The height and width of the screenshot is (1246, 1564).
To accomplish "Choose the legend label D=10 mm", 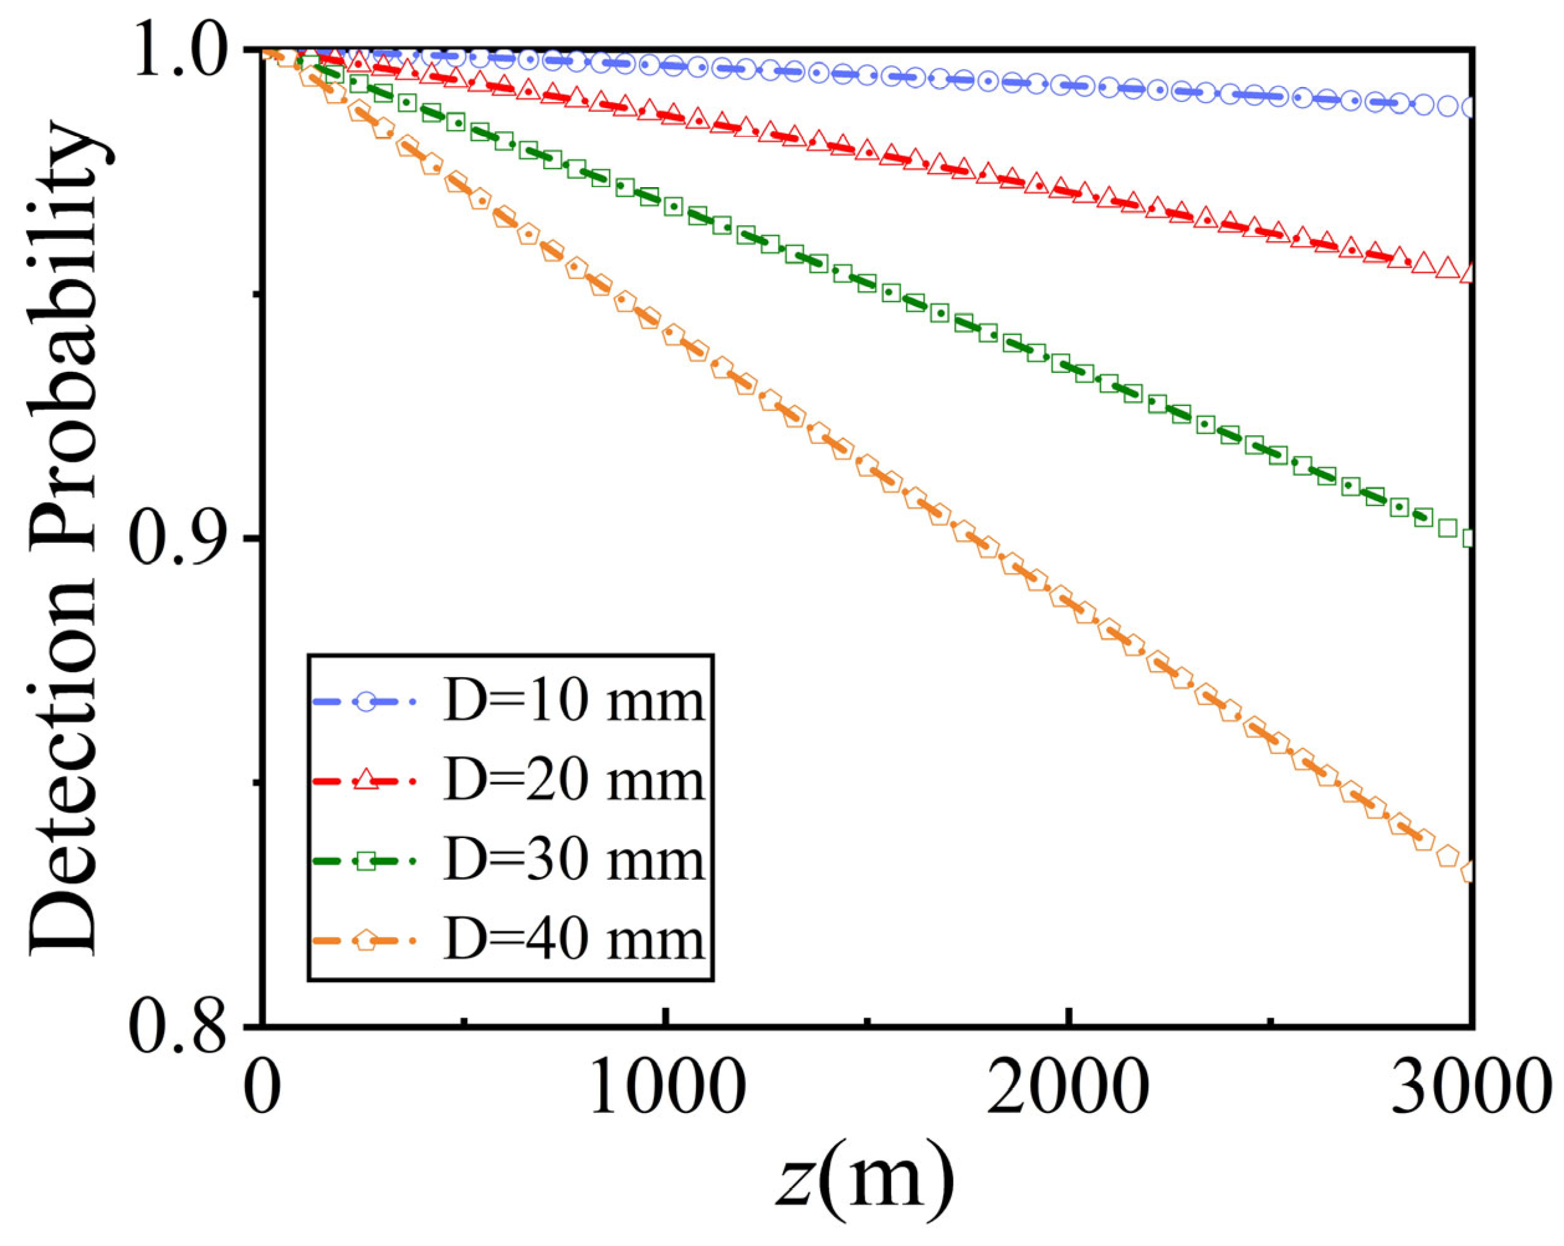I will [x=574, y=702].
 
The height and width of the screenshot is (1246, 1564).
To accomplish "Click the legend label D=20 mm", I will [x=574, y=781].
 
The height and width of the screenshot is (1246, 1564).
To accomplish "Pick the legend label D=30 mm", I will [x=574, y=861].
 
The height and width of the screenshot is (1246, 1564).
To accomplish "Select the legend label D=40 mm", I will [x=574, y=941].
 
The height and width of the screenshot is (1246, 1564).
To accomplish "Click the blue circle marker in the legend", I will [x=367, y=702].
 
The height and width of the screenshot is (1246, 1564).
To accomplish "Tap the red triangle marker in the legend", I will [x=367, y=782].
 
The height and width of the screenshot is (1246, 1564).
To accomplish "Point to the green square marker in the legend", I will [x=367, y=861].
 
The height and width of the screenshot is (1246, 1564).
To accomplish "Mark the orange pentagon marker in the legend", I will [x=367, y=941].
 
